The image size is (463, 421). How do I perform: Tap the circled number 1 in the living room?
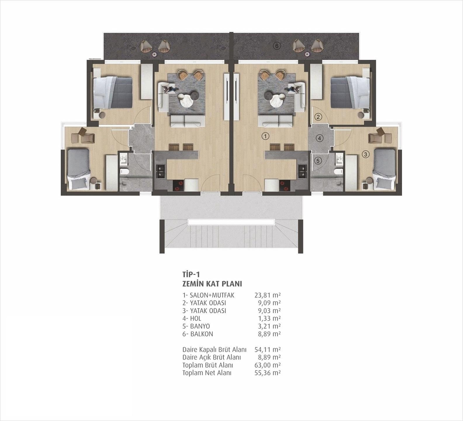pyautogui.click(x=265, y=136)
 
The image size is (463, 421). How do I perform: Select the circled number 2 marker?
pyautogui.click(x=318, y=117)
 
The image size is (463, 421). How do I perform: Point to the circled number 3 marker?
pyautogui.click(x=365, y=154)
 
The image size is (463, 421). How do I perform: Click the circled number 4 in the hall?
pyautogui.click(x=320, y=138)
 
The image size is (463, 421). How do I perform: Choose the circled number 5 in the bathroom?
pyautogui.click(x=318, y=160)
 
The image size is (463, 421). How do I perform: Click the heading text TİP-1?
pyautogui.click(x=191, y=275)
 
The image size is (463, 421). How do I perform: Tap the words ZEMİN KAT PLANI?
pyautogui.click(x=212, y=284)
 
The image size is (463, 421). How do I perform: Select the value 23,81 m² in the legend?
pyautogui.click(x=268, y=295)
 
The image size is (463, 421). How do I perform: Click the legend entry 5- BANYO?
pyautogui.click(x=196, y=326)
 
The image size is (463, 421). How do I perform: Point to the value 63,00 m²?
pyautogui.click(x=268, y=365)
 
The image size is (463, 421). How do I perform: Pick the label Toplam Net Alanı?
pyautogui.click(x=207, y=373)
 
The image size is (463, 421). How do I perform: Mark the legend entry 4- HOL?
pyautogui.click(x=192, y=318)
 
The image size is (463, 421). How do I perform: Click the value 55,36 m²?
pyautogui.click(x=268, y=373)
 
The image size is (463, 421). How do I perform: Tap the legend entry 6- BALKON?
pyautogui.click(x=198, y=334)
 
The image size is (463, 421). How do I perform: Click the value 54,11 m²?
pyautogui.click(x=268, y=349)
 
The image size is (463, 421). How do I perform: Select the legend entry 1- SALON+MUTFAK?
pyautogui.click(x=208, y=295)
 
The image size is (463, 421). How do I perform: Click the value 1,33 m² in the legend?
pyautogui.click(x=269, y=318)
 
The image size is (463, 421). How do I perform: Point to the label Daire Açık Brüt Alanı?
pyautogui.click(x=211, y=357)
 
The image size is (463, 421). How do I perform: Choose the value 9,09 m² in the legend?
pyautogui.click(x=269, y=303)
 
